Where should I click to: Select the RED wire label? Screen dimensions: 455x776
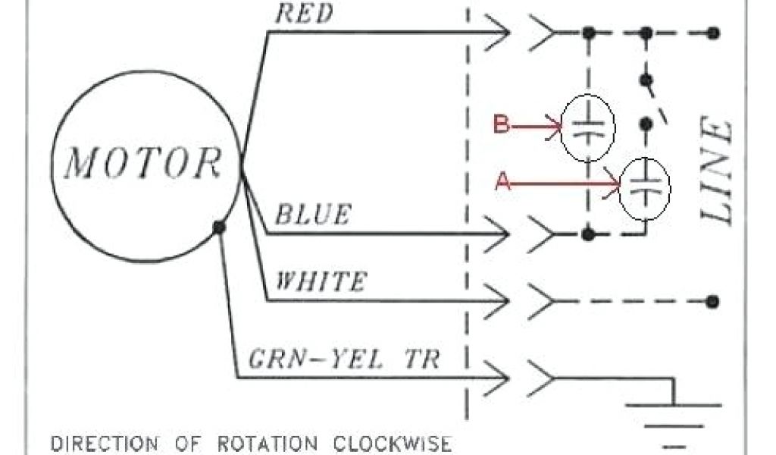point(302,14)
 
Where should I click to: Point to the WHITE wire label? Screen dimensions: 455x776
point(319,282)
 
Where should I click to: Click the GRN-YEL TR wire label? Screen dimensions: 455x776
point(345,357)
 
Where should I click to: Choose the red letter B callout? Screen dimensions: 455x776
point(501,124)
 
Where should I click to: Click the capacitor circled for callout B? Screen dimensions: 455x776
point(587,127)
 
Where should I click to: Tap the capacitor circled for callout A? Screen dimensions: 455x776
point(645,187)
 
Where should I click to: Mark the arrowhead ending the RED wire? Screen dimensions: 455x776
point(500,33)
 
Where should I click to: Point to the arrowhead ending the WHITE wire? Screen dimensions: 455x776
point(500,302)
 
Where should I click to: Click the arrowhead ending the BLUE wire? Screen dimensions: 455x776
point(500,234)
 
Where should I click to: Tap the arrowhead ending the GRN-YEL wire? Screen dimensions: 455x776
point(500,377)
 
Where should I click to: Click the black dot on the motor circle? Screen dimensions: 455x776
point(219,227)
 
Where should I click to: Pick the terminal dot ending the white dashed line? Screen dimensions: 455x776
point(712,302)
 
